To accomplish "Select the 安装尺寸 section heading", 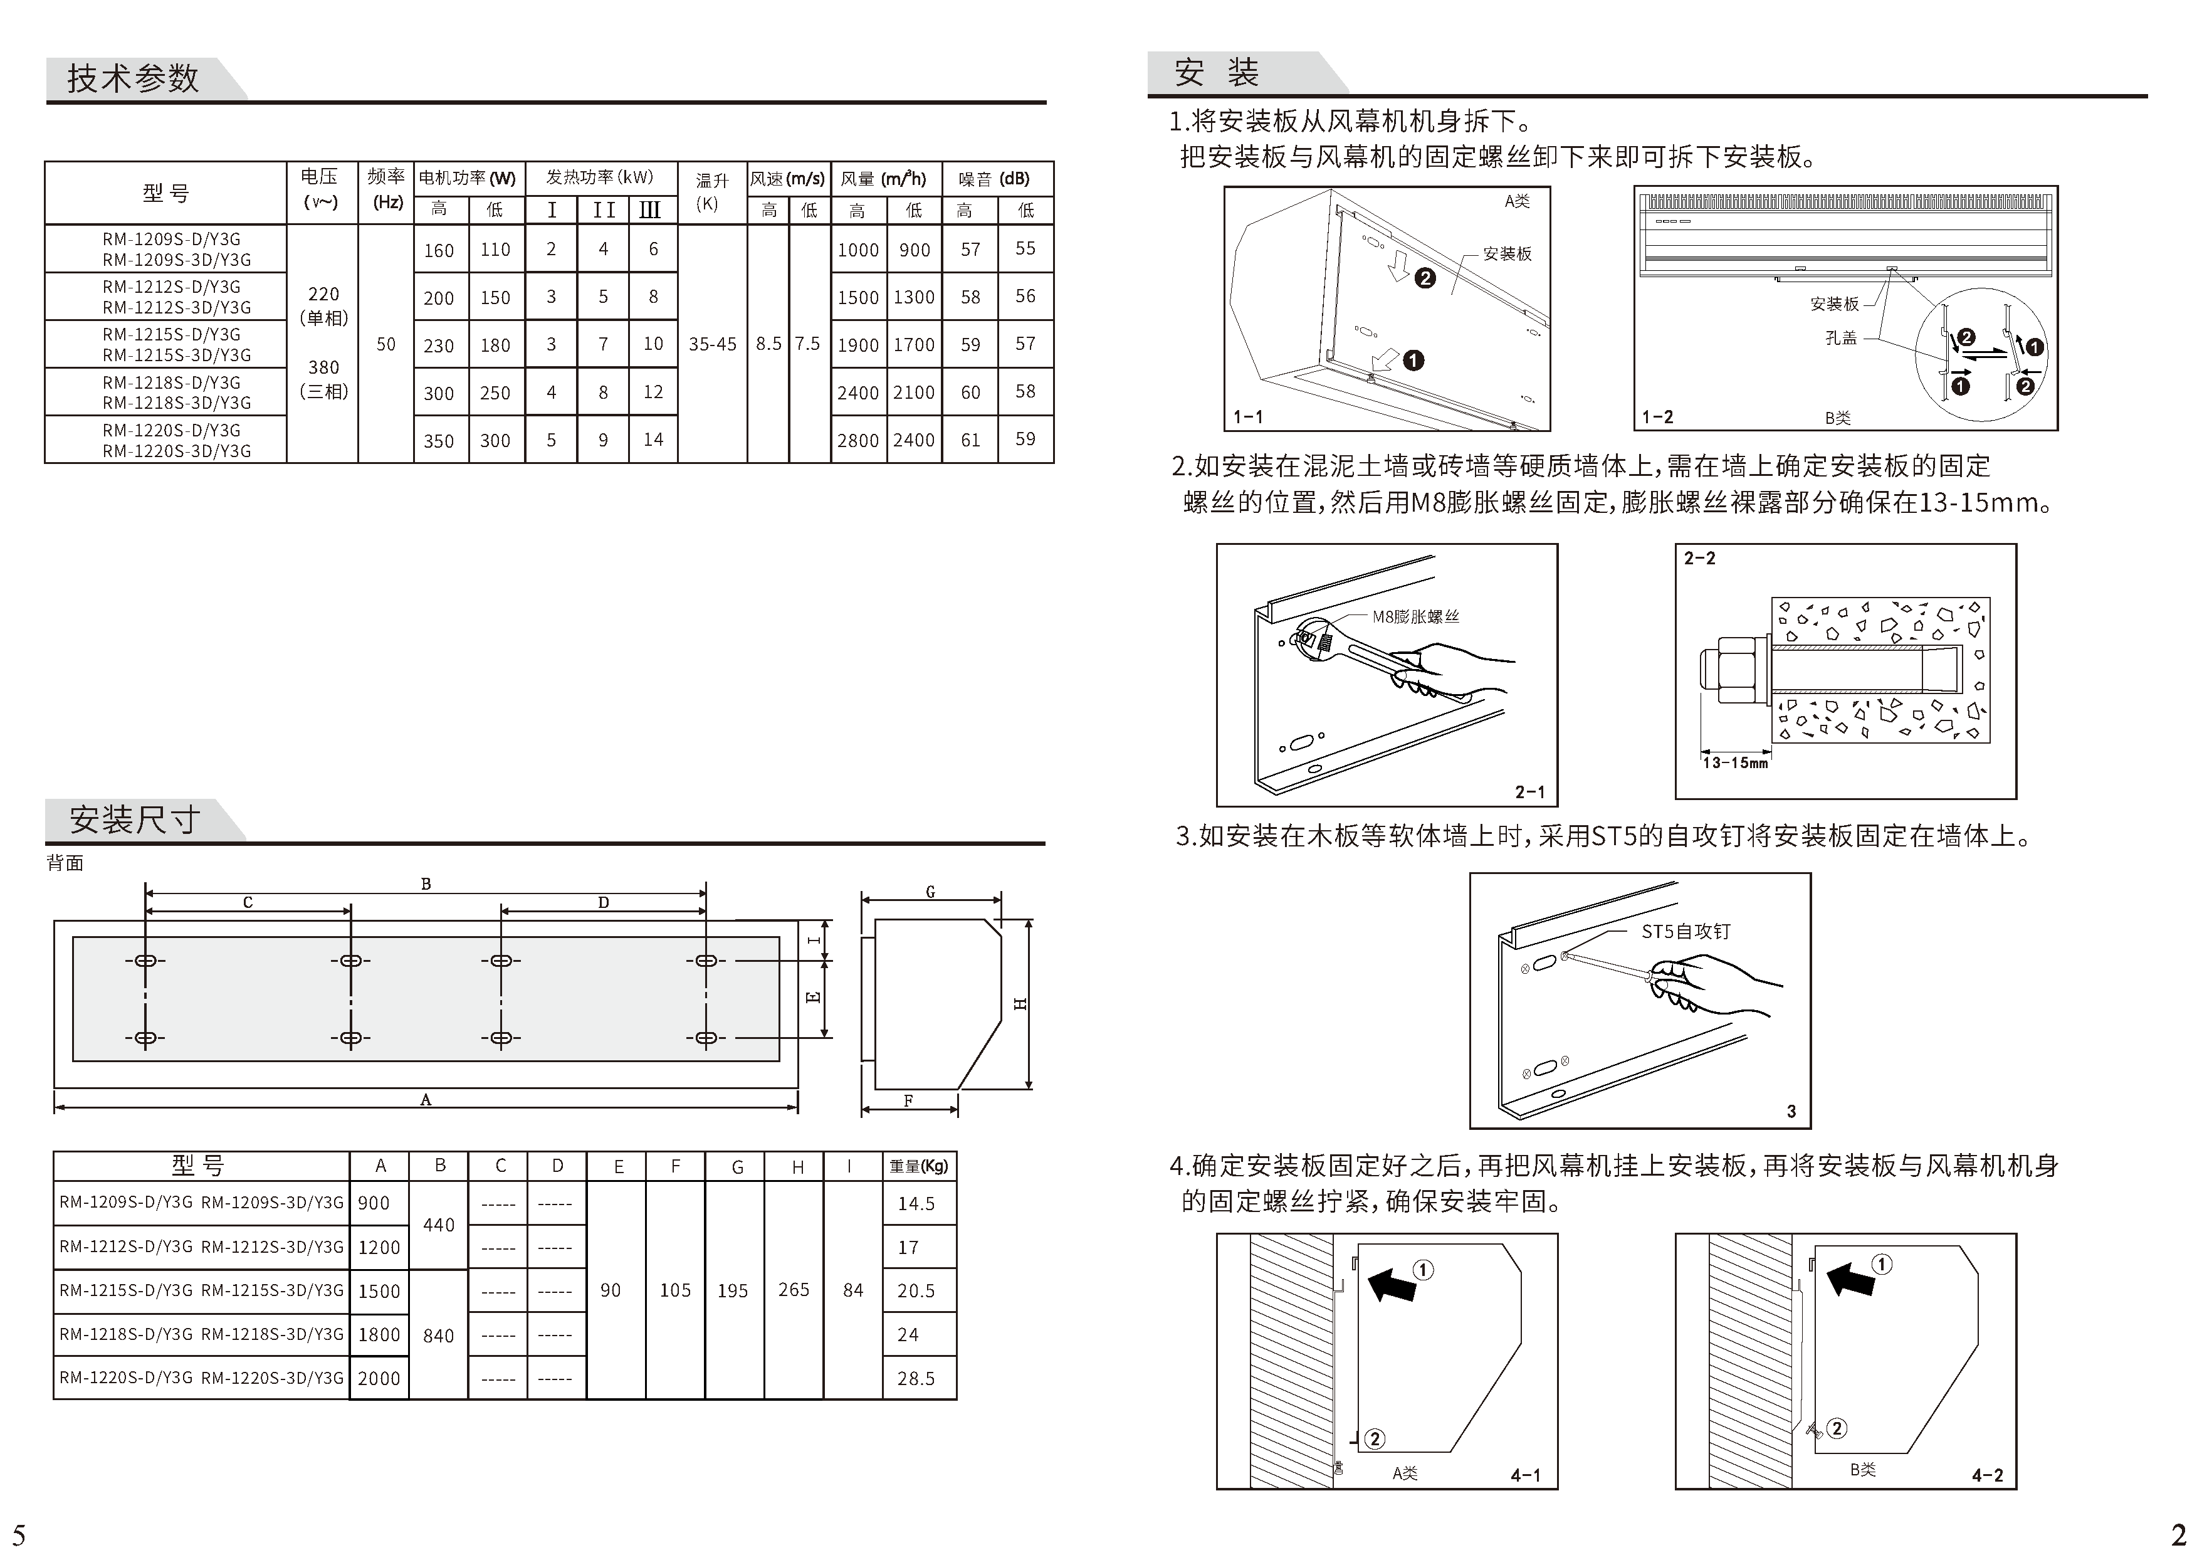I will [134, 820].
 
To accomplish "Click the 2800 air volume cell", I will [857, 440].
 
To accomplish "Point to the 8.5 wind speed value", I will [768, 344].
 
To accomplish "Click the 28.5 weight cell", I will [915, 1379].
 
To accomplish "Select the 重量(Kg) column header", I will [918, 1166].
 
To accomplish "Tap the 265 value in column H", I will [794, 1290].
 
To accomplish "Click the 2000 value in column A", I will [379, 1379].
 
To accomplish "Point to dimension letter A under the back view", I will [426, 1100].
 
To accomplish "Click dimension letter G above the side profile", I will [930, 892].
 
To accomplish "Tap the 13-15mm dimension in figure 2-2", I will [1734, 763].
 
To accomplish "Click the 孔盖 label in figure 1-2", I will [1840, 338].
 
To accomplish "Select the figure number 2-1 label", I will [1529, 792].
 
